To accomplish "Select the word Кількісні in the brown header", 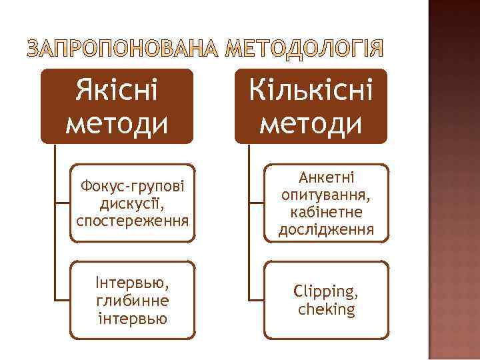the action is [311, 91].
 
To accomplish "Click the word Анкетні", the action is [327, 179].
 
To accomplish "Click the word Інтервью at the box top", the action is [132, 283].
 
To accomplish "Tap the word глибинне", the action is [132, 299].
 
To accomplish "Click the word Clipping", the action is [327, 292].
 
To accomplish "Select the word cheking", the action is [327, 309].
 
